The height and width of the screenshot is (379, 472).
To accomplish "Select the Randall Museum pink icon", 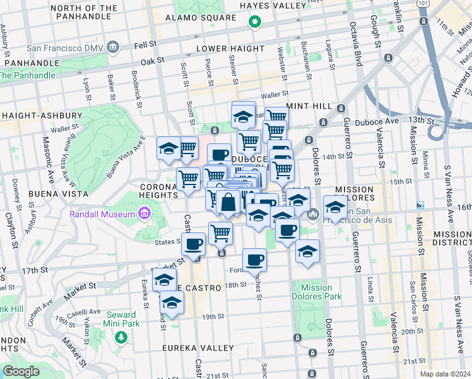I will tap(144, 214).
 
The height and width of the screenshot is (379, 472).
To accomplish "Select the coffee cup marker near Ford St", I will tap(254, 260).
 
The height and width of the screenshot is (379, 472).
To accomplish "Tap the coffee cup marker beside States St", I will tap(194, 243).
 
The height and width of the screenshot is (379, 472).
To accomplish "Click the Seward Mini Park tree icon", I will tap(120, 338).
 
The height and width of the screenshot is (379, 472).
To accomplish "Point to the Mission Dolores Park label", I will tap(312, 292).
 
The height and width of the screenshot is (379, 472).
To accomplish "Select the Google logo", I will tap(21, 371).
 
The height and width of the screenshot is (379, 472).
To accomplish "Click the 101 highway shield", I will tap(420, 3).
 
